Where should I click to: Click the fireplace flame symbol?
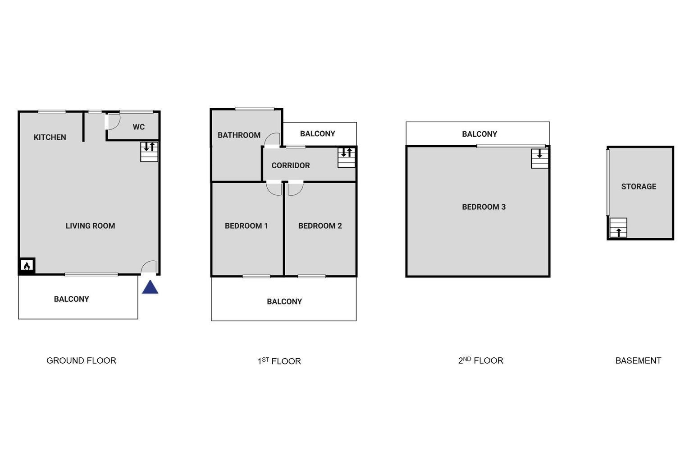click(27, 266)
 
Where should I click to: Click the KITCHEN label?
click(50, 137)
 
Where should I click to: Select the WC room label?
click(138, 127)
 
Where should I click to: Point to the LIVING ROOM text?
click(90, 226)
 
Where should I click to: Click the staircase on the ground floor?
click(149, 152)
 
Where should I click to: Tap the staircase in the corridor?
click(347, 157)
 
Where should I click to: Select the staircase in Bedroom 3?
click(540, 158)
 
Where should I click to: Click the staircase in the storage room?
click(618, 227)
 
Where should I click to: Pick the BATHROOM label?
click(239, 135)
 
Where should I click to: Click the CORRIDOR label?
click(291, 166)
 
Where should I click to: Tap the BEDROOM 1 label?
click(246, 226)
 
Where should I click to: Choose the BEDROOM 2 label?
click(320, 226)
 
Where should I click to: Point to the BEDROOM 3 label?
click(484, 207)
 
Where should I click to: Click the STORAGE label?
click(639, 186)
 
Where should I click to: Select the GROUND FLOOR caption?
click(81, 360)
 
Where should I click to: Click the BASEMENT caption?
click(638, 360)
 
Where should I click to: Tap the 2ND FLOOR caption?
click(481, 360)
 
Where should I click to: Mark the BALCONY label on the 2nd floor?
click(479, 134)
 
